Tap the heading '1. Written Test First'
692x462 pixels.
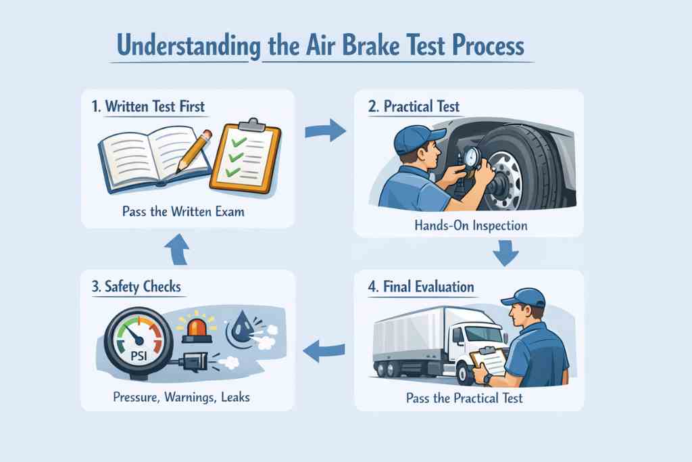[x=149, y=106]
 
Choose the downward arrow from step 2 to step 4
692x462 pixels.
[x=504, y=254]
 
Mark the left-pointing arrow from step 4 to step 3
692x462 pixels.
[x=324, y=350]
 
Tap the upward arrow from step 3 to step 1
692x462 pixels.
[x=178, y=250]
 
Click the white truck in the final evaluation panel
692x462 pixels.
[x=432, y=342]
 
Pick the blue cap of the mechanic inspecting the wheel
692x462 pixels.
[x=411, y=139]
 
